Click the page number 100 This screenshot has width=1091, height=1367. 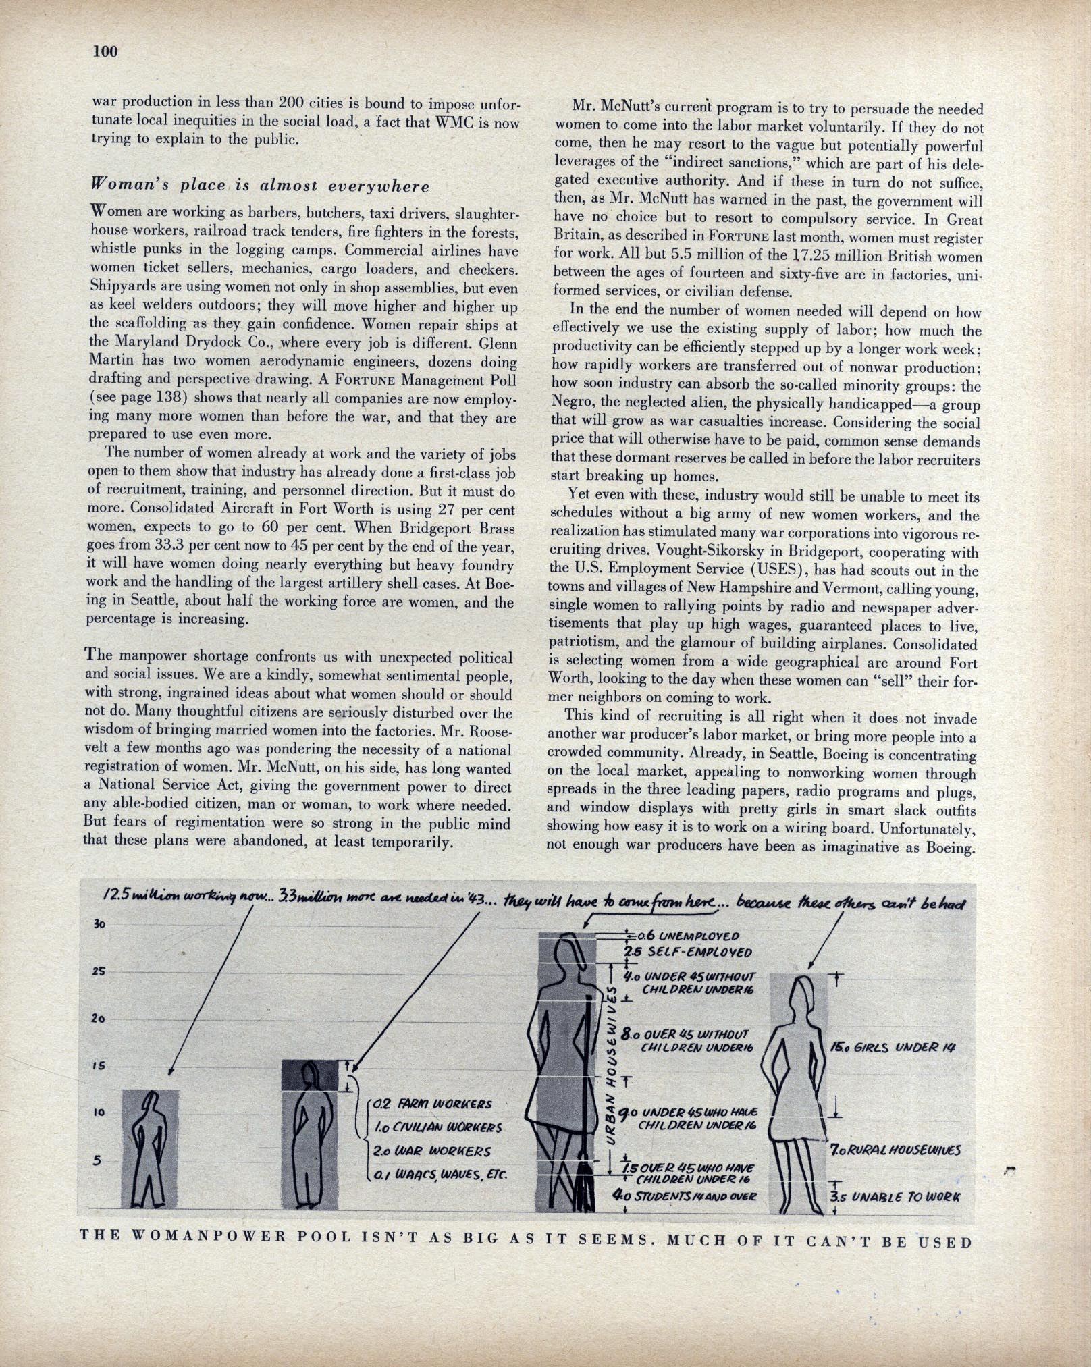tap(106, 51)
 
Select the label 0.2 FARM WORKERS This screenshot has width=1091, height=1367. tap(432, 1104)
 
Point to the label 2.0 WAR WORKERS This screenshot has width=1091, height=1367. tap(432, 1151)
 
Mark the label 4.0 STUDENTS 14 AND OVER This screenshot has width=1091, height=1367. tap(684, 1196)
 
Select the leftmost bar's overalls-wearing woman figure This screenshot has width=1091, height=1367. tap(150, 1148)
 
